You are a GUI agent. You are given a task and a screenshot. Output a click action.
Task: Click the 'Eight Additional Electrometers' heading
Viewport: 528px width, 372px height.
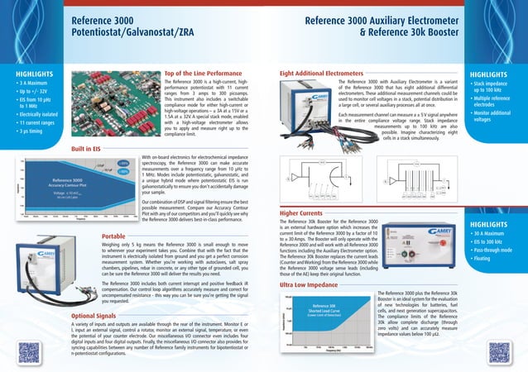[322, 74]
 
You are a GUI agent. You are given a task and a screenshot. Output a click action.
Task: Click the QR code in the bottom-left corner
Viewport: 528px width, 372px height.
[31, 351]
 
